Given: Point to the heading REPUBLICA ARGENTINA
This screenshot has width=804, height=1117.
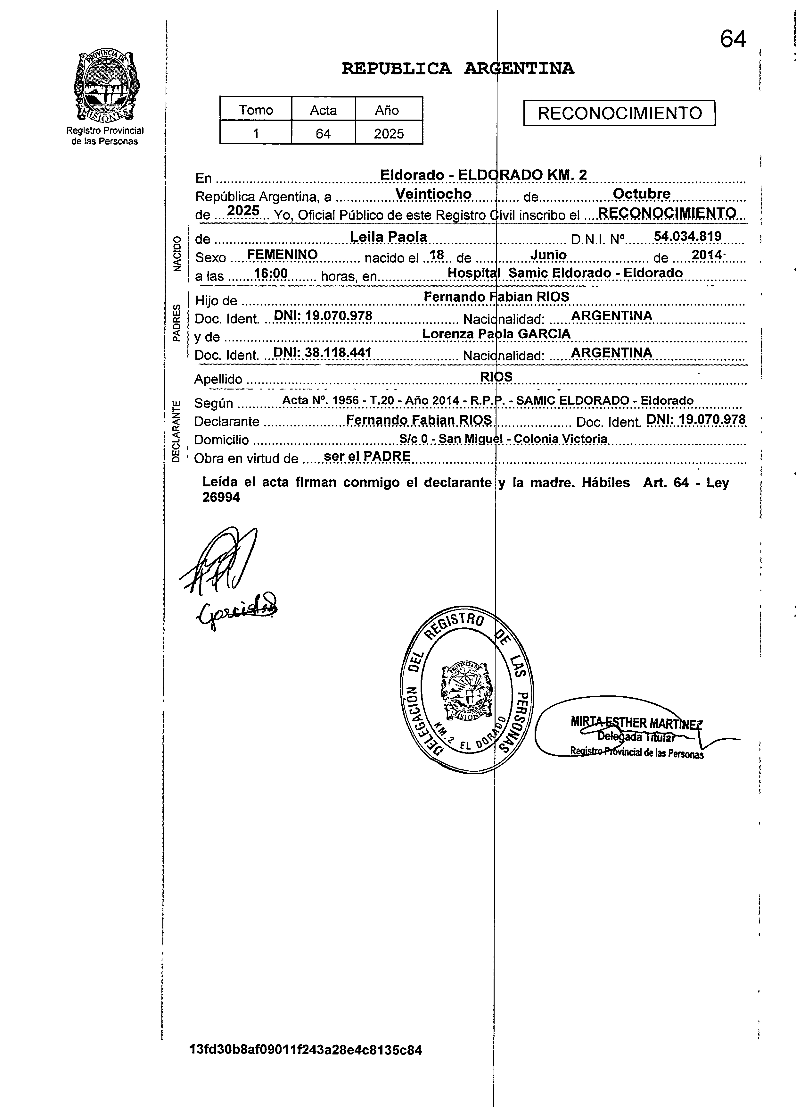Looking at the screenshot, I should click(x=458, y=69).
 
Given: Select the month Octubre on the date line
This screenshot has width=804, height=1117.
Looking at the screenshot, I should click(x=641, y=194).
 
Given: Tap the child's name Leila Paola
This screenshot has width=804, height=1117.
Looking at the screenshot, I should click(x=388, y=237).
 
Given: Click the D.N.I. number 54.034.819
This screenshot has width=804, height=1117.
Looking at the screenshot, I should click(x=687, y=236).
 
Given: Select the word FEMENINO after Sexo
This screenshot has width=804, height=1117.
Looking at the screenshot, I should click(x=282, y=255).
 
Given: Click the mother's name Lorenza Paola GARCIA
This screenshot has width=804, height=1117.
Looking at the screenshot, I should click(x=496, y=334).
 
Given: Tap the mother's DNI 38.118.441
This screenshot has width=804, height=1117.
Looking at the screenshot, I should click(x=322, y=353).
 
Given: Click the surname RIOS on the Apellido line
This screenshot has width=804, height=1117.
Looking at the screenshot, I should click(x=496, y=377).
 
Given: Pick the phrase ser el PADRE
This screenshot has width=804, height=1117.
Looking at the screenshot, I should click(x=367, y=456).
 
